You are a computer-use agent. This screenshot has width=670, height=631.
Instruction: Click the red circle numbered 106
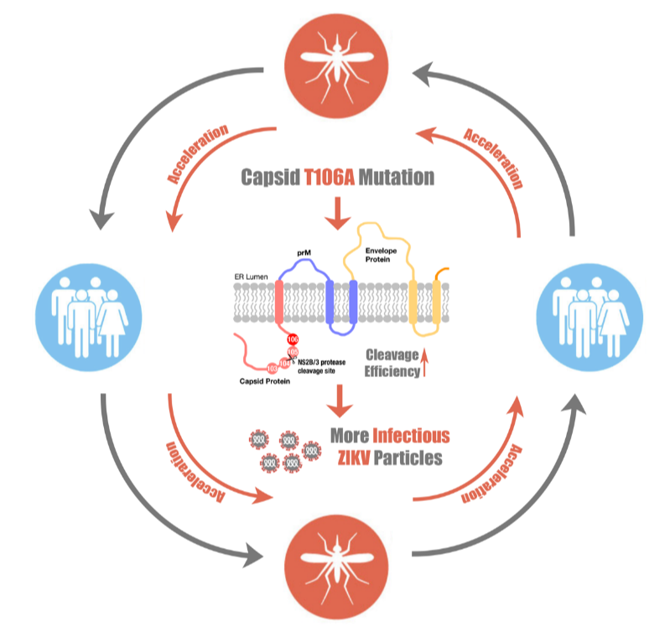pyautogui.click(x=293, y=339)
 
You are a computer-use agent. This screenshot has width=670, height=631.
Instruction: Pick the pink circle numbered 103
pyautogui.click(x=272, y=367)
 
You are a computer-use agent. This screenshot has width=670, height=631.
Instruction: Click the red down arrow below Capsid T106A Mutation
pyautogui.click(x=337, y=215)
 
